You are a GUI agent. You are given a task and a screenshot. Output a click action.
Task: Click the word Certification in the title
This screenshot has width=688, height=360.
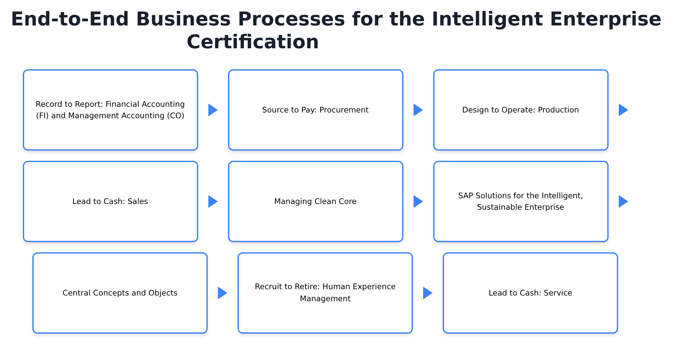click(x=253, y=42)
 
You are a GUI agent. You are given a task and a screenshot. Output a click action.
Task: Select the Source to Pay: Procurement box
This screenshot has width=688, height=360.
click(x=315, y=110)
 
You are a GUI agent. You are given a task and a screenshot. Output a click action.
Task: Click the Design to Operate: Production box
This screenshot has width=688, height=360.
click(x=521, y=110)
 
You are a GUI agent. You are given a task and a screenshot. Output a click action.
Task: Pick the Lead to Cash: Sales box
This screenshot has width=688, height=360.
click(x=110, y=201)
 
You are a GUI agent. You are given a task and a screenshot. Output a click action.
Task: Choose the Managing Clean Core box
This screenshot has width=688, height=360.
click(x=315, y=201)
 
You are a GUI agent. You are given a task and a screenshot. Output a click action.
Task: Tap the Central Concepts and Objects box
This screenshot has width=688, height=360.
click(x=120, y=293)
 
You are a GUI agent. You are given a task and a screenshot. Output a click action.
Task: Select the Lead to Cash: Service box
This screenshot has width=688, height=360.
click(x=530, y=293)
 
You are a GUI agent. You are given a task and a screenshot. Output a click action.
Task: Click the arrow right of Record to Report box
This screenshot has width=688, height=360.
click(x=213, y=110)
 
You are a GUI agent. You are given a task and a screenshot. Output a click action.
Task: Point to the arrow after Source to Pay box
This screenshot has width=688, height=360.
click(x=418, y=110)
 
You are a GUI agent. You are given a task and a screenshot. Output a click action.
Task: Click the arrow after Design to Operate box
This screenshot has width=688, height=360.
click(x=623, y=110)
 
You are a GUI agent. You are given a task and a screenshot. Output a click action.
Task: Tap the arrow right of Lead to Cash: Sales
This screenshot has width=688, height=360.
click(x=213, y=201)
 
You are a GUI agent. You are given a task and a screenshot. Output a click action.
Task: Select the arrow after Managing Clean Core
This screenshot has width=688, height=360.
click(x=418, y=201)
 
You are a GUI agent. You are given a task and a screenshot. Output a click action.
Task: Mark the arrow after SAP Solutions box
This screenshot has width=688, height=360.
click(x=623, y=201)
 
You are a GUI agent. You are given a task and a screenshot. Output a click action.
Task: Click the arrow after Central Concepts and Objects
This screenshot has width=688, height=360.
click(x=222, y=293)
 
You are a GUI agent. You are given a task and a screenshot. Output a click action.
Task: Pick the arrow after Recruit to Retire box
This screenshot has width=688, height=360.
click(x=428, y=293)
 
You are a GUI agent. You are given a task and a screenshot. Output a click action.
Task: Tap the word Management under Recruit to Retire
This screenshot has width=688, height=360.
click(x=325, y=299)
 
